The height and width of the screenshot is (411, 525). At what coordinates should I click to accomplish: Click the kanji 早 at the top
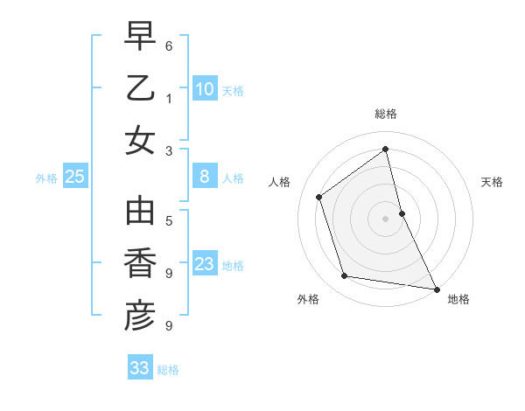(x=140, y=38)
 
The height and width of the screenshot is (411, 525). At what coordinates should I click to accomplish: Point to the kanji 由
(x=140, y=212)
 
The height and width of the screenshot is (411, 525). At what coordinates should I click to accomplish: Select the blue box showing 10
(x=204, y=89)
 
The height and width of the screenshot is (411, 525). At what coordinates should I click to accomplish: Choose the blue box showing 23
(x=204, y=264)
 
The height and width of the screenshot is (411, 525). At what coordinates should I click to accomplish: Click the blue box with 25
(x=75, y=178)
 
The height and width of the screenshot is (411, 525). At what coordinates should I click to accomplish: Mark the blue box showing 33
(x=140, y=368)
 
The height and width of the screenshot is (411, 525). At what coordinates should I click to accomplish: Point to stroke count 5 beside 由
(x=169, y=220)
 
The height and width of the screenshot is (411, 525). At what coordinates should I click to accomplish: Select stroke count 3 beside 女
(x=169, y=150)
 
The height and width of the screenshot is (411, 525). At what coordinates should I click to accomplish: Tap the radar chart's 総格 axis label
(x=386, y=114)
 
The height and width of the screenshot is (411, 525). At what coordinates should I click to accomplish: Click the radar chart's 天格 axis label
(x=492, y=182)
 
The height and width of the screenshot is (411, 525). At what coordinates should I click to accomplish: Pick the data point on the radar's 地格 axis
(x=436, y=288)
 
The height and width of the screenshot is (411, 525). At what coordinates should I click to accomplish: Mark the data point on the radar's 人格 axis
(x=318, y=197)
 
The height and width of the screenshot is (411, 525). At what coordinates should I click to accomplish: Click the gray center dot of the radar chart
(x=386, y=218)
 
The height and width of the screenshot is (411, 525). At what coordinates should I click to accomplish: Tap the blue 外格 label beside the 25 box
(x=46, y=178)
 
